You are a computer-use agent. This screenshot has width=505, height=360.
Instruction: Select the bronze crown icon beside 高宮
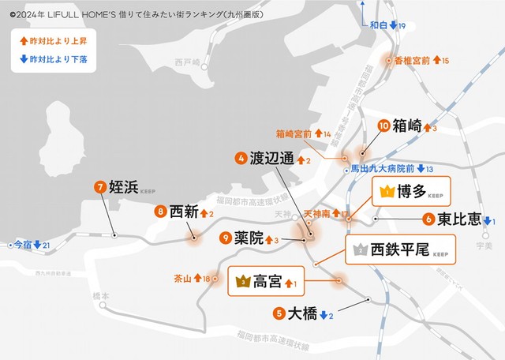click(x=242, y=280)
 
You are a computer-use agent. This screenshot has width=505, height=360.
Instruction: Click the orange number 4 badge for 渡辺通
click(x=240, y=158)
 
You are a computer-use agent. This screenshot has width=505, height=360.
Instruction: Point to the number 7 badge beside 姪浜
click(x=100, y=187)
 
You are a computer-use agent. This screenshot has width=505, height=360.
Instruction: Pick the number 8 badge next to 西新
click(x=160, y=211)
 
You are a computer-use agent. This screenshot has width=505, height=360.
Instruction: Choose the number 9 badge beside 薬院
click(x=226, y=237)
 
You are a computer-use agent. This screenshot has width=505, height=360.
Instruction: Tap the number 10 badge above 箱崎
click(x=384, y=125)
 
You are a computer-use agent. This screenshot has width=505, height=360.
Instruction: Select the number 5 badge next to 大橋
click(x=278, y=313)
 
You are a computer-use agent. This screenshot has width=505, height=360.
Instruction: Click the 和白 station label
click(x=379, y=26)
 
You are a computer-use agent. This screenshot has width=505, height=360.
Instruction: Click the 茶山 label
click(x=182, y=279)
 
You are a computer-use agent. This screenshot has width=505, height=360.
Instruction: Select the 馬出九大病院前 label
click(x=383, y=168)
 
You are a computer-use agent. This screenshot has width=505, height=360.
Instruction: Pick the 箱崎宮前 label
click(x=294, y=134)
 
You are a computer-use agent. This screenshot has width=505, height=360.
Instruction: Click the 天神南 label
click(x=317, y=213)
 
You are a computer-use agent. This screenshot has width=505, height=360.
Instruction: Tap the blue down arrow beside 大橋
click(x=324, y=314)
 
